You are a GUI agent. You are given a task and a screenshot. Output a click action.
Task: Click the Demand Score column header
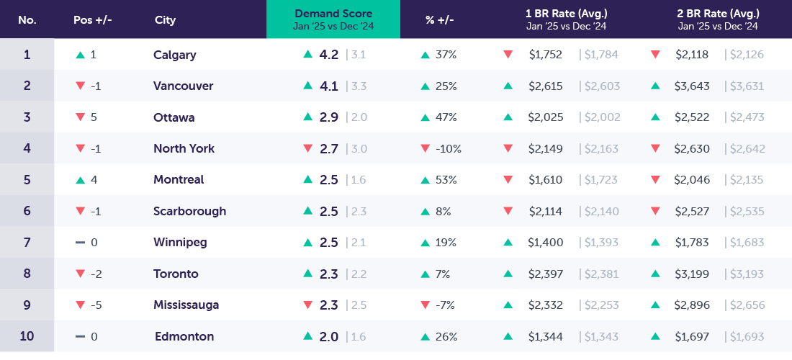(333, 14)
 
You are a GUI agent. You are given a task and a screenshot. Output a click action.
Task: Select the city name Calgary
(174, 55)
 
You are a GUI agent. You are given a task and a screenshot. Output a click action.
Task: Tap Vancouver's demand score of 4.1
(329, 86)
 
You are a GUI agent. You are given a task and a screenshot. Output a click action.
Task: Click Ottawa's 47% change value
(446, 117)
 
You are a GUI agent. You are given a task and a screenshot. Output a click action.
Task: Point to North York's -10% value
(448, 149)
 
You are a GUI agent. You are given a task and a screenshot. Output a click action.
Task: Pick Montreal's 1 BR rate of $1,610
(544, 180)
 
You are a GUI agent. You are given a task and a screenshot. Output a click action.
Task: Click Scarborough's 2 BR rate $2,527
(691, 212)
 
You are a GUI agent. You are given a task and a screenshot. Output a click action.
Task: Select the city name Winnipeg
(180, 243)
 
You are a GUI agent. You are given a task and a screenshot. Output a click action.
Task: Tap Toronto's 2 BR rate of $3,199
(692, 274)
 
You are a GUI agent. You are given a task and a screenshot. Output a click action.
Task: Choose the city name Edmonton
(184, 337)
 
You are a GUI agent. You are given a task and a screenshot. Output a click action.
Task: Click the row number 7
(27, 243)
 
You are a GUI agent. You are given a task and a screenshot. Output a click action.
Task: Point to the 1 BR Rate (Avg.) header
(566, 14)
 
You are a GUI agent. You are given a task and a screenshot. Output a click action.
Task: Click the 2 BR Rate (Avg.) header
(718, 14)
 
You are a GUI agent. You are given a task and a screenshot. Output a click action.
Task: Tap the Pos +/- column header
(92, 19)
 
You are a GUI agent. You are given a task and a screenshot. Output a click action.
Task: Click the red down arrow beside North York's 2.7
(307, 149)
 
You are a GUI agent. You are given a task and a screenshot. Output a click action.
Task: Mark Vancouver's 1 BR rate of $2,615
(545, 86)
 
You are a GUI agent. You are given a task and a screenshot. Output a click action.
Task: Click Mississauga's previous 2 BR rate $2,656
(744, 305)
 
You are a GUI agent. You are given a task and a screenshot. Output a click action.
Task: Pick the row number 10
(27, 337)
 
